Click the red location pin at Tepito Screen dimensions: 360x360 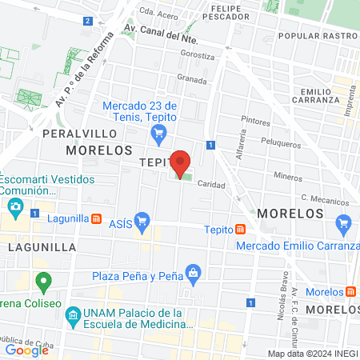[181, 163]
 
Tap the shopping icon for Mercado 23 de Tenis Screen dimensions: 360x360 [158, 133]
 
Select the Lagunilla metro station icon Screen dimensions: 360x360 [96, 218]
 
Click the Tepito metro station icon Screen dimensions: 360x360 [240, 230]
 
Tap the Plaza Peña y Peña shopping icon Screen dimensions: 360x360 [193, 274]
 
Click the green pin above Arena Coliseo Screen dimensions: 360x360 [45, 282]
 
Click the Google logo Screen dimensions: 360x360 [27, 350]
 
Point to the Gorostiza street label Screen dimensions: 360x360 [198, 56]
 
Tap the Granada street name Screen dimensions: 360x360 [192, 79]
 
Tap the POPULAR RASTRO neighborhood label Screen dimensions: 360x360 [315, 36]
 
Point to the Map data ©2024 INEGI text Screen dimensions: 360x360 [311, 353]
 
